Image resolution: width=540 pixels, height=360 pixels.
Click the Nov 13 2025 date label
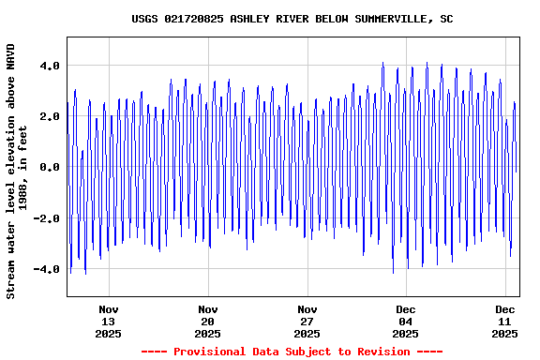[x=109, y=321]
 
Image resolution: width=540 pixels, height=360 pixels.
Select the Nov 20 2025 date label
[x=208, y=321]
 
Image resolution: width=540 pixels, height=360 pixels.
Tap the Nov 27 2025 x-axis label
[x=307, y=321]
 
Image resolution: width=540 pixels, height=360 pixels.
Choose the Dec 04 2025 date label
[x=406, y=321]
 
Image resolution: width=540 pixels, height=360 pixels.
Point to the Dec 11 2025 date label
[x=505, y=321]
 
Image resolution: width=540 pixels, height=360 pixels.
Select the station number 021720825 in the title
[x=194, y=19]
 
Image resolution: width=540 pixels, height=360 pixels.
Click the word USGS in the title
[x=144, y=19]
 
